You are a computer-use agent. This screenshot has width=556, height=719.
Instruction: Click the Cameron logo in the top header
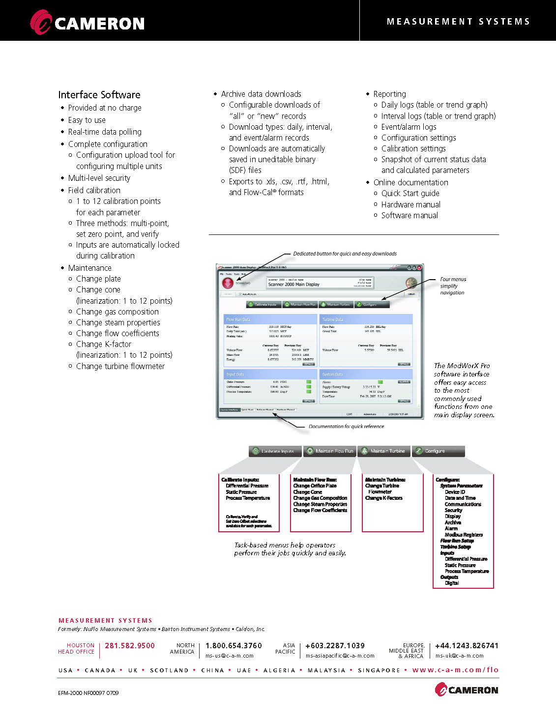(x=88, y=23)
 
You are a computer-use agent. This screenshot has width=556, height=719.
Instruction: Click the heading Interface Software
(x=99, y=95)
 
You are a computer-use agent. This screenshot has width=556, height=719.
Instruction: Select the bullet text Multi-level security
(x=99, y=178)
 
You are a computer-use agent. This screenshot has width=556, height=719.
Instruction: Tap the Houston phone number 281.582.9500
(x=130, y=646)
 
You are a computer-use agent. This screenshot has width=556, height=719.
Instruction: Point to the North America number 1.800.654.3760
(x=234, y=646)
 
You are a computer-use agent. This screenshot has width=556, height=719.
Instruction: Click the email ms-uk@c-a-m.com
(x=459, y=656)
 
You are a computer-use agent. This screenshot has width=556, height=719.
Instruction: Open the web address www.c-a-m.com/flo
(x=455, y=670)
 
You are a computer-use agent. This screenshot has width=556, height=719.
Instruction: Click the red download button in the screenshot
(x=228, y=283)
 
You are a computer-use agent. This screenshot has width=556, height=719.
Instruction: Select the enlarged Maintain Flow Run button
(x=330, y=451)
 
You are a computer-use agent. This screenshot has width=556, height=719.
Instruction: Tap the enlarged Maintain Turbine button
(x=384, y=451)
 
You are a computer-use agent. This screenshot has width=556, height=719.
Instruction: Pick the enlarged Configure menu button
(x=438, y=451)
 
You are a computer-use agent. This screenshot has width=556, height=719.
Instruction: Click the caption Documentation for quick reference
(x=346, y=427)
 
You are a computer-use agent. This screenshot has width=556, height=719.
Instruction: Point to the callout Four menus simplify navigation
(x=453, y=286)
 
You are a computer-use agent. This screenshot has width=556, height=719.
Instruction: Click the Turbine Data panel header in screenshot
(x=366, y=319)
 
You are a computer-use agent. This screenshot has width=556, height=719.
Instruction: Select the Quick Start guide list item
(x=410, y=193)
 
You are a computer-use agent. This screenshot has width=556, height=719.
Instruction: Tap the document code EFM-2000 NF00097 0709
(x=88, y=693)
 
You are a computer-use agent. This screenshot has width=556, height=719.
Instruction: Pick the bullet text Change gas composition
(x=117, y=312)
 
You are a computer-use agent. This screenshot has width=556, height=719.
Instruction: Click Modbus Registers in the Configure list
(x=464, y=535)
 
